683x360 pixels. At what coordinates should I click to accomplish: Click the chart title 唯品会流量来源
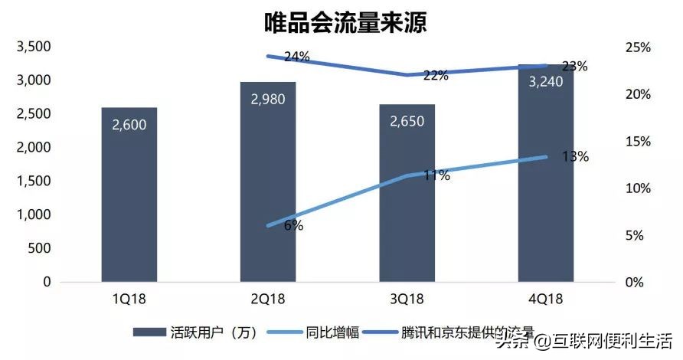[x=341, y=21]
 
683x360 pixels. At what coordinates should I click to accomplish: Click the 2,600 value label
[x=129, y=124]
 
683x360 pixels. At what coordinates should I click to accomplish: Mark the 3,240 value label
[x=545, y=81]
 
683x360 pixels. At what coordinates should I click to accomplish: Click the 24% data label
[x=296, y=57]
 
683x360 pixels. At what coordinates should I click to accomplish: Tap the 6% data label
[x=293, y=225]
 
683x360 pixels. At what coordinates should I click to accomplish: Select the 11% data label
[x=436, y=175]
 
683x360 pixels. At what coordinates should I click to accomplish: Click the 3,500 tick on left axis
[x=33, y=47]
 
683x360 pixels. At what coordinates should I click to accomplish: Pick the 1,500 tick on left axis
[x=33, y=182]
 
